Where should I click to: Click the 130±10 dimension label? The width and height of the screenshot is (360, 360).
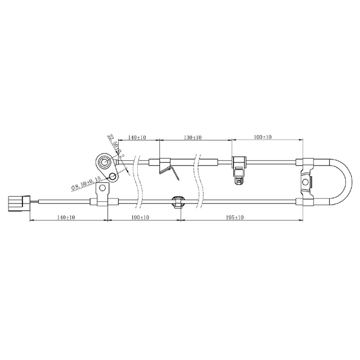[x=193, y=137]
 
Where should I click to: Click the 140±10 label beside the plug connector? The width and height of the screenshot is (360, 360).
[x=67, y=217]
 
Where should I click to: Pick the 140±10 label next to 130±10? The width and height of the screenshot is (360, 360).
[x=137, y=137]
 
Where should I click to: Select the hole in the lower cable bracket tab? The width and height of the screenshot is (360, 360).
[x=103, y=195]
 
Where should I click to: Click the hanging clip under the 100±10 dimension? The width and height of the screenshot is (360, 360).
[x=238, y=172]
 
